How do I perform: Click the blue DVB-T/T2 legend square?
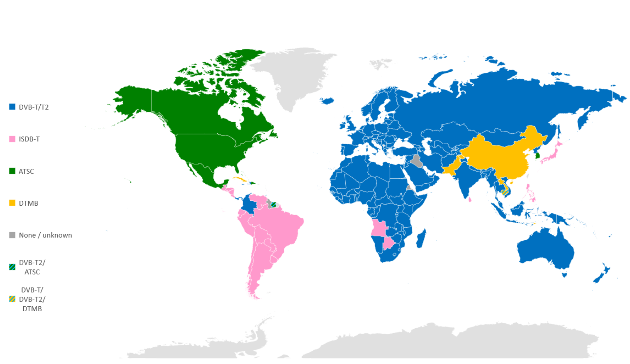pos(12,107)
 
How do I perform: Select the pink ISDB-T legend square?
pos(12,139)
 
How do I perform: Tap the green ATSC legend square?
pos(12,171)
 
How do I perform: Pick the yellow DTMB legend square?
pos(12,203)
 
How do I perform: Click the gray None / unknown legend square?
pos(12,235)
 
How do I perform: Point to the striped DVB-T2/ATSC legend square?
pos(12,267)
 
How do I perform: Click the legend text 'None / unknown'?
pos(45,235)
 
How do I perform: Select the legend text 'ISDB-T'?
pos(29,139)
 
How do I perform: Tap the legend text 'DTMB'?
pos(28,203)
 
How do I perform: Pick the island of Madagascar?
pos(420,239)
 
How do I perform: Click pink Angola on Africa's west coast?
pos(379,228)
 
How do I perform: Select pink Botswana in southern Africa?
pos(388,243)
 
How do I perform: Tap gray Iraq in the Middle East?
pos(416,160)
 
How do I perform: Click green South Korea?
pos(537,156)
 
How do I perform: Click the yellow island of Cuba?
pos(240,179)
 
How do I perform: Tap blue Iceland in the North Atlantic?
pos(327,101)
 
